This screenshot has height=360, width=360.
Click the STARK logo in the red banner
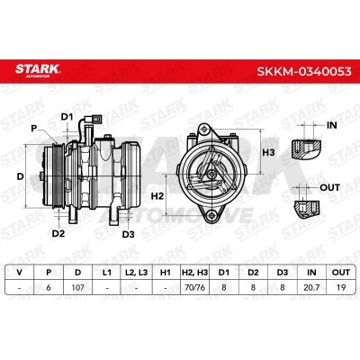pos(38,70)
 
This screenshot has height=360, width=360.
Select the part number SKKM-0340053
pos(304,71)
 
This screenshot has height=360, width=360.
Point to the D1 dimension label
pos(67,117)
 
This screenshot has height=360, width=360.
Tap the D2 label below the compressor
pos(58,233)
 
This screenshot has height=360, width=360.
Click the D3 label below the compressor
pos(128,234)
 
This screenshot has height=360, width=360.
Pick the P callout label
pos(34,129)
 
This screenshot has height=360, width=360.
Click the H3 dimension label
pos(268,153)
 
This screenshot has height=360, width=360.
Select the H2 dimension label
pos(157,196)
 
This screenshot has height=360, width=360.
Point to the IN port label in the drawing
pos(331,125)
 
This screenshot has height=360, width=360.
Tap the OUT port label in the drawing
pos(330,188)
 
